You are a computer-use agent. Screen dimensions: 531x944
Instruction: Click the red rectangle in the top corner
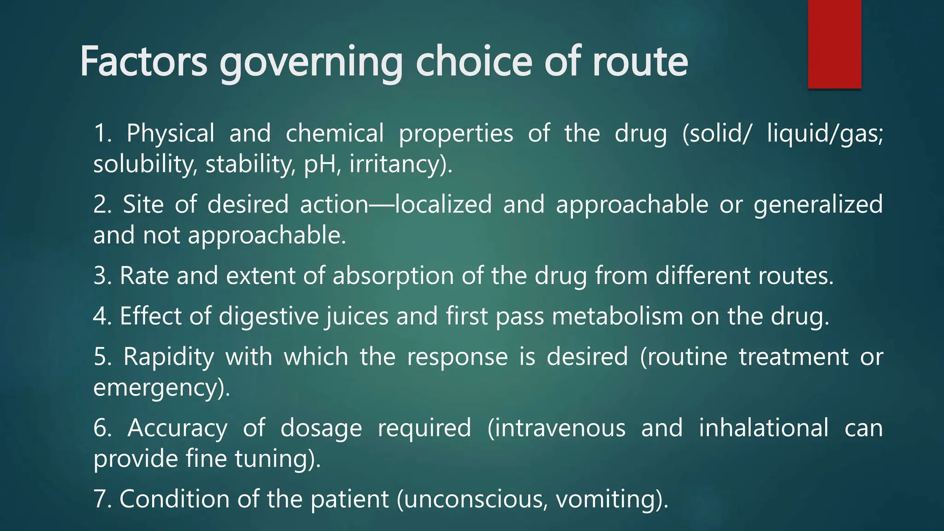click(x=834, y=44)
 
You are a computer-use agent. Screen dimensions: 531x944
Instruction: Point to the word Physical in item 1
click(x=171, y=134)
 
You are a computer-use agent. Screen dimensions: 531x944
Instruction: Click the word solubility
click(x=144, y=165)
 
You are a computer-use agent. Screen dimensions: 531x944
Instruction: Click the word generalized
click(x=818, y=205)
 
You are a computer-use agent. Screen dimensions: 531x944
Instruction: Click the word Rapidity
click(x=169, y=357)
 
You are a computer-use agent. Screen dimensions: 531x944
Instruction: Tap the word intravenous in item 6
click(x=556, y=428)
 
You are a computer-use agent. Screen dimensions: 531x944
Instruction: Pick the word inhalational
click(x=763, y=428)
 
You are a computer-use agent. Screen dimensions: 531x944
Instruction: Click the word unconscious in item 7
click(x=472, y=499)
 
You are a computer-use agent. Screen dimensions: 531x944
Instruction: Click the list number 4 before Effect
click(x=100, y=317)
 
